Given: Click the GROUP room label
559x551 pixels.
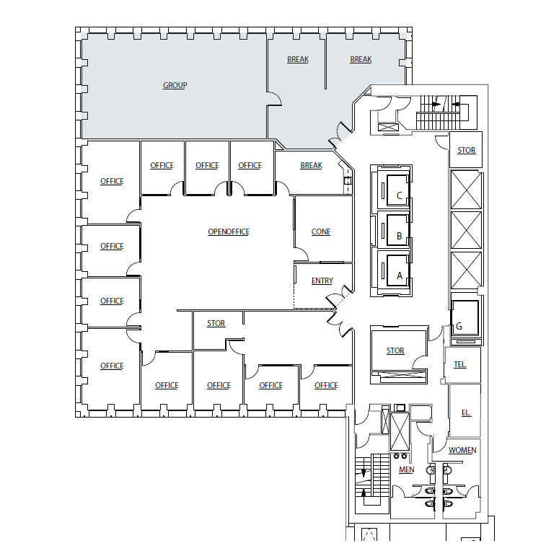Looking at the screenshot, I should click(175, 85).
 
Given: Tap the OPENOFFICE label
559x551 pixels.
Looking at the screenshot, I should click(228, 232).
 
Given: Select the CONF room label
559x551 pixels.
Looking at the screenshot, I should click(321, 232).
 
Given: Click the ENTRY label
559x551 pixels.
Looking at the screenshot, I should click(322, 281).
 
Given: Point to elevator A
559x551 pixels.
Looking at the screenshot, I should click(399, 275).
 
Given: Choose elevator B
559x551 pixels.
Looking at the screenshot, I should click(399, 235).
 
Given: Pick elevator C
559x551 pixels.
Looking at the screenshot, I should click(399, 195).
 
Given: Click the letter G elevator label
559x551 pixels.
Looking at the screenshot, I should click(459, 326).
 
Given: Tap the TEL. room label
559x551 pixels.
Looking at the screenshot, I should click(459, 364).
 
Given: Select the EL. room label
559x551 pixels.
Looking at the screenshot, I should click(466, 413).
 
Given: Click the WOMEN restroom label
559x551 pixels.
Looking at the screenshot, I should click(462, 450).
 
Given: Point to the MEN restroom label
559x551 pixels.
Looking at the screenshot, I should click(407, 470).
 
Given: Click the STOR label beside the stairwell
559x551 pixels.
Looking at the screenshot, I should click(467, 150).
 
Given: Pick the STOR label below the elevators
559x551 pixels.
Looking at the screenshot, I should click(395, 351).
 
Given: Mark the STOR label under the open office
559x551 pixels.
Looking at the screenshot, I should click(216, 323).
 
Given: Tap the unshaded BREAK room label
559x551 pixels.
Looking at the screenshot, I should click(311, 165).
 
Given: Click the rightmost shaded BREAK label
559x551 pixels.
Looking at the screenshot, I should click(361, 59).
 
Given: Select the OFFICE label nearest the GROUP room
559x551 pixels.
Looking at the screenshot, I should click(112, 181).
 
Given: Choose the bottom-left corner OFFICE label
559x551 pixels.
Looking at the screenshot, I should click(112, 366).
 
